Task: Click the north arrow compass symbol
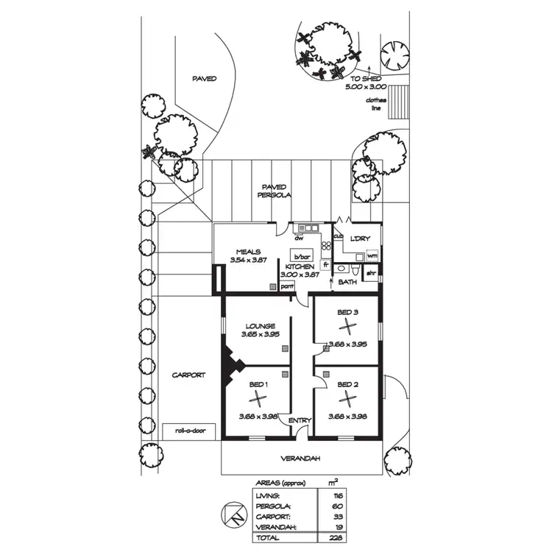tap(234, 514)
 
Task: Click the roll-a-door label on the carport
tap(190, 431)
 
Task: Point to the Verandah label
tap(300, 459)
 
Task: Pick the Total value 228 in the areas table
tap(336, 537)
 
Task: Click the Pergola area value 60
tap(337, 506)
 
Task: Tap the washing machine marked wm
tap(372, 255)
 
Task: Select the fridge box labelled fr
tap(325, 264)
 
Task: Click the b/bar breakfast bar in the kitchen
tap(302, 256)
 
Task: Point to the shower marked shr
tap(371, 274)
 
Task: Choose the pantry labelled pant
tap(287, 286)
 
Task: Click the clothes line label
tap(376, 105)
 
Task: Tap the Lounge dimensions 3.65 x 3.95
tap(260, 334)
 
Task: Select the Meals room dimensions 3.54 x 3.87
tap(248, 260)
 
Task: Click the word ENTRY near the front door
tap(300, 420)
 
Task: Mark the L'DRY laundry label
tap(360, 238)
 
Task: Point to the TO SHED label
tap(366, 79)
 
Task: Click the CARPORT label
tap(188, 375)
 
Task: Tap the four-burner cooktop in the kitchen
tap(326, 245)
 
